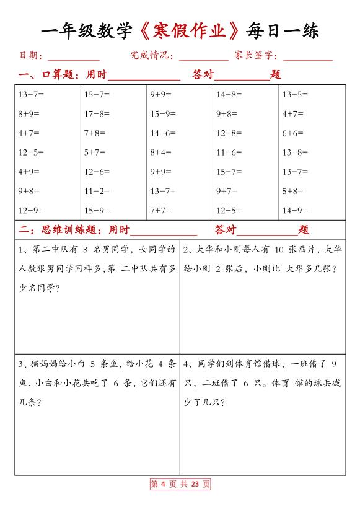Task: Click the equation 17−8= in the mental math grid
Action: pyautogui.click(x=97, y=113)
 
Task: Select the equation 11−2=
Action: pyautogui.click(x=97, y=191)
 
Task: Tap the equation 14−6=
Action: pyautogui.click(x=163, y=133)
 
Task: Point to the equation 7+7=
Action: pyautogui.click(x=160, y=210)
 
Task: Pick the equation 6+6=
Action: pyautogui.click(x=293, y=133)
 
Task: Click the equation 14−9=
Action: pyautogui.click(x=295, y=210)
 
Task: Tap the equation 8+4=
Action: pyautogui.click(x=160, y=152)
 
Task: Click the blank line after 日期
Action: pyautogui.click(x=74, y=57)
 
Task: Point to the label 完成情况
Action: pyautogui.click(x=152, y=56)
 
